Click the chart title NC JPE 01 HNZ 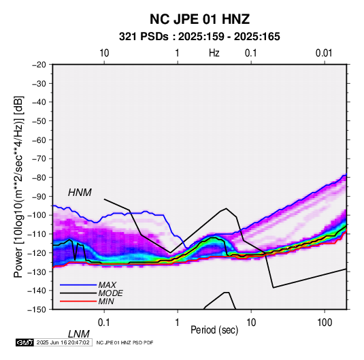coord(199,19)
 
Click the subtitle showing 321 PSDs coord(199,37)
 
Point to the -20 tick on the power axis coord(39,65)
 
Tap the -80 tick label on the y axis coord(39,178)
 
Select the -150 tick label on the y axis coord(37,310)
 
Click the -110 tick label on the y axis coord(37,234)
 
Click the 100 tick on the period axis coord(325,323)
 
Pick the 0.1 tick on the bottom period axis coord(104,323)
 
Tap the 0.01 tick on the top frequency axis coord(324,53)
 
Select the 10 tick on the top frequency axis coord(104,53)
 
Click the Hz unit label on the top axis coord(214,53)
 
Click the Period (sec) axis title coord(214,330)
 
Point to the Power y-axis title coord(18,186)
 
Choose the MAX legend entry coord(107,285)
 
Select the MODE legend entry coord(110,293)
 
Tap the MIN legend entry coord(106,301)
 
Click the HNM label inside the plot coord(80,193)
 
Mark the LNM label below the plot coord(78,334)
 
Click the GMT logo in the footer coord(25,342)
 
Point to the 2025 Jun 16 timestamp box coord(63,342)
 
